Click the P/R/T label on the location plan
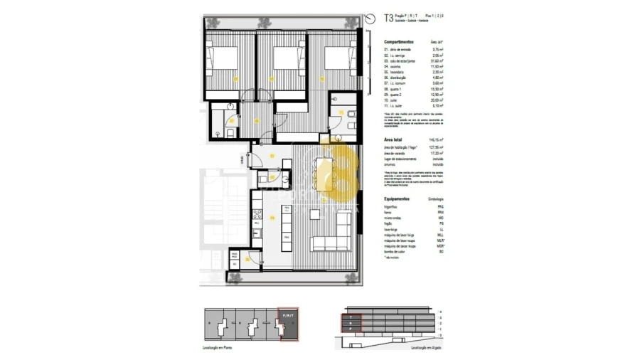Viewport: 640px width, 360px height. point(289,314)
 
